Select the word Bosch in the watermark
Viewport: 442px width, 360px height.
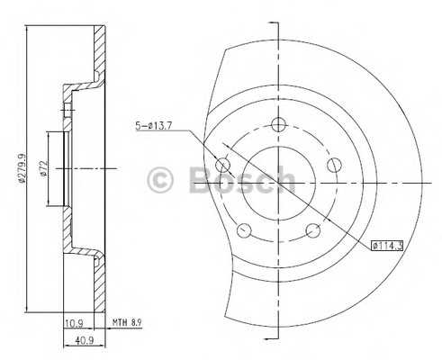pos(241,179)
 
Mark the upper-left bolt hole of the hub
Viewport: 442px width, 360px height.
pos(224,164)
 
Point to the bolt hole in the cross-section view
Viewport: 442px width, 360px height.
pos(68,110)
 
